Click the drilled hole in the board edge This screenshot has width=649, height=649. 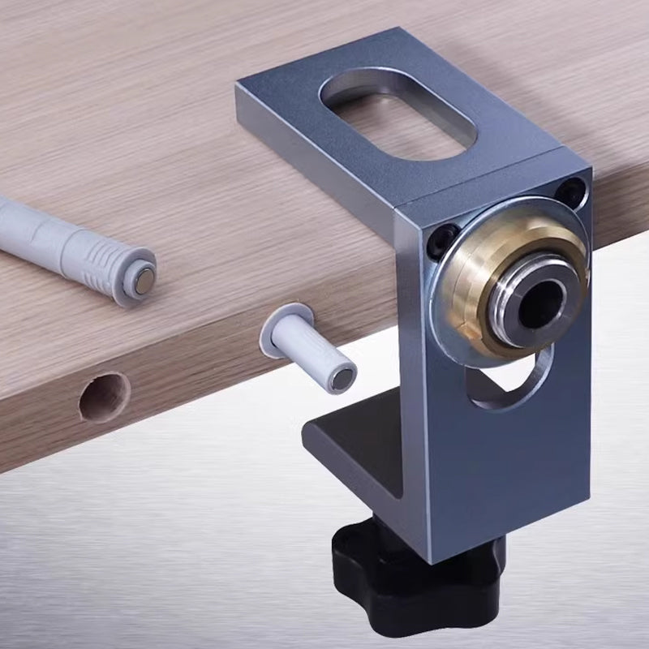click(105, 398)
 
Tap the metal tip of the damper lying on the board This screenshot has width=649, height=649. click(144, 280)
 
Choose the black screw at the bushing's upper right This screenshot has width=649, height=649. click(574, 191)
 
